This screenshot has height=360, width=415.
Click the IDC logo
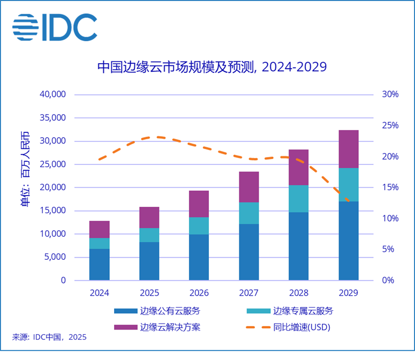[55, 27]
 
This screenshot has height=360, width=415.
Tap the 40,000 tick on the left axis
[52, 95]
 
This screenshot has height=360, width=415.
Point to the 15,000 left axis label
[52, 211]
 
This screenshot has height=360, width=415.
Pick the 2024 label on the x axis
[100, 293]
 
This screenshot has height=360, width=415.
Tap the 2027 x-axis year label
[249, 293]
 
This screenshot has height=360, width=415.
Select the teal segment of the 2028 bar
[299, 199]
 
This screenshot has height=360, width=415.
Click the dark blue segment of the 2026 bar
[199, 257]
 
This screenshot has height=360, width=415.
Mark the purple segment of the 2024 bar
[100, 229]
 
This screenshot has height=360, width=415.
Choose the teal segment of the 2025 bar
[149, 235]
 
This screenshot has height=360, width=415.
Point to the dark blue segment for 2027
[249, 252]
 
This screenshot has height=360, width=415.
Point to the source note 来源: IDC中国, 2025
[49, 337]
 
